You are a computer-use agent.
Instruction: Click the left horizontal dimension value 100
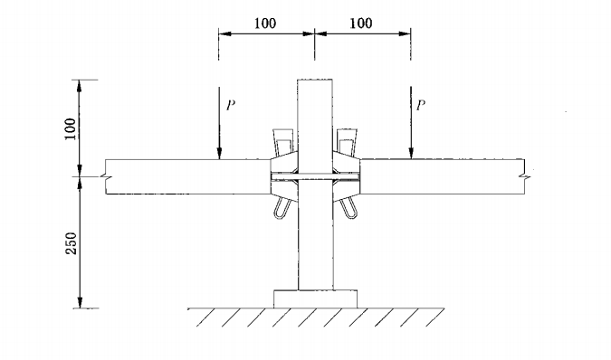click(267, 22)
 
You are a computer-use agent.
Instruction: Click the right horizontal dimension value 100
click(360, 22)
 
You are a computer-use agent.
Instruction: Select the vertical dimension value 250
click(72, 243)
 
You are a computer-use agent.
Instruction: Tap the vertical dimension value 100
click(72, 127)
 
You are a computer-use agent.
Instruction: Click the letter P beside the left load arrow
click(231, 105)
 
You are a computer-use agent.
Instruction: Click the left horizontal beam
click(181, 176)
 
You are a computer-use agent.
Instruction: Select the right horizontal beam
click(444, 176)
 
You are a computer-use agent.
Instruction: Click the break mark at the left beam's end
click(106, 176)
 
